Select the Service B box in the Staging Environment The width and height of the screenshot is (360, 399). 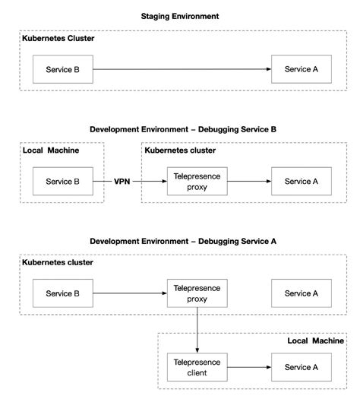[62, 69]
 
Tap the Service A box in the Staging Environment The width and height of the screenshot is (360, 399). [296, 69]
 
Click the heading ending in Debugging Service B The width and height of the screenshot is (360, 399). [183, 130]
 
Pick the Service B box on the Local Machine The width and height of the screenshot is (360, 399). [62, 182]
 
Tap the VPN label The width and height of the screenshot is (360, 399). [122, 182]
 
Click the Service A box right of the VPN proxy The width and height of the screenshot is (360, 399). [296, 182]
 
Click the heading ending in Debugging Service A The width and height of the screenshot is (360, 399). [183, 241]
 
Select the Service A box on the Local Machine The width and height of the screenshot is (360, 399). [296, 367]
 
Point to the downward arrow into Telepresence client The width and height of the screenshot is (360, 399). [197, 331]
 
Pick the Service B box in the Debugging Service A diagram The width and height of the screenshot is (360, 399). [62, 293]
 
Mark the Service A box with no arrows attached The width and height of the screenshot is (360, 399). [296, 293]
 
